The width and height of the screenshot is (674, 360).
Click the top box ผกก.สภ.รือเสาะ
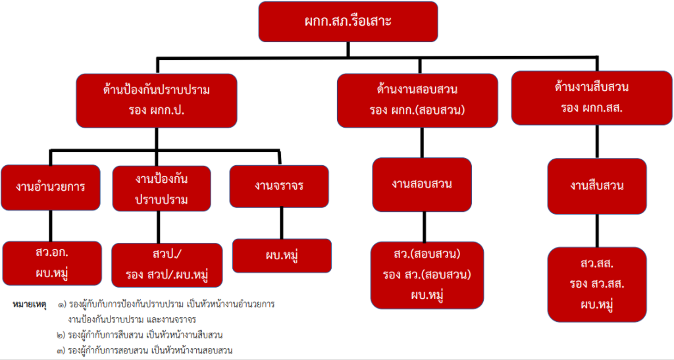(x=348, y=21)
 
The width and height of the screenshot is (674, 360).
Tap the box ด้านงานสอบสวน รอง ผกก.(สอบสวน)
(x=417, y=100)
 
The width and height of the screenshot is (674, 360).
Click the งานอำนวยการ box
(x=51, y=186)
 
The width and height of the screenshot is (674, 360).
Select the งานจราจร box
(x=279, y=186)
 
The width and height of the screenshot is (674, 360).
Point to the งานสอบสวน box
(x=421, y=185)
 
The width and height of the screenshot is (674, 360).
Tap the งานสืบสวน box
(x=598, y=186)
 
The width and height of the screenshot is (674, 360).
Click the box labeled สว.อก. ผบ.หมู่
(x=52, y=263)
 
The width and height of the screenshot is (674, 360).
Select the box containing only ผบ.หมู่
(x=282, y=255)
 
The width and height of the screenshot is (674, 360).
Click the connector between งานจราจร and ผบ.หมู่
(x=281, y=223)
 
